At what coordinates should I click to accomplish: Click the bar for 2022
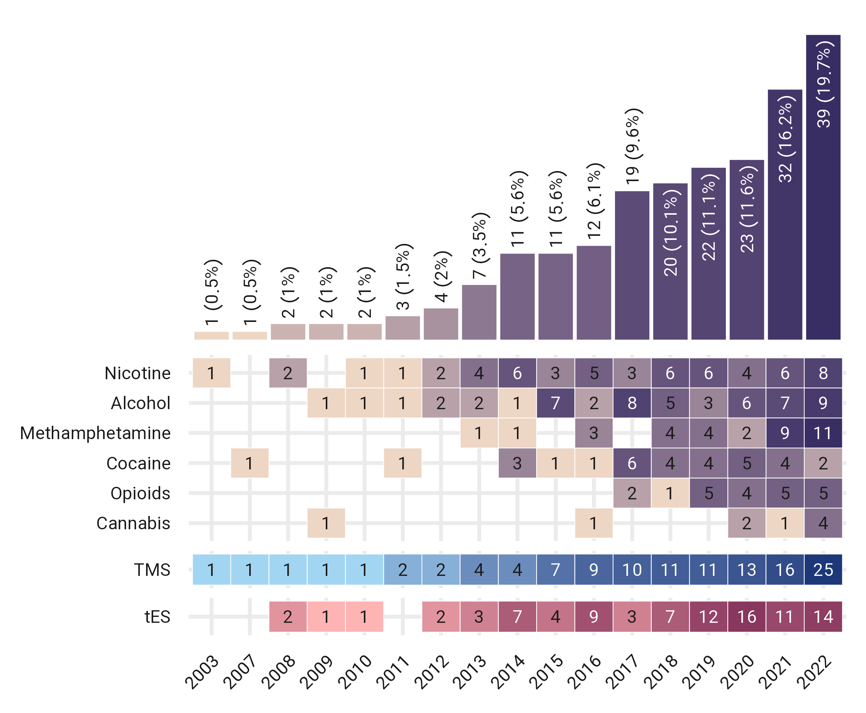(823, 187)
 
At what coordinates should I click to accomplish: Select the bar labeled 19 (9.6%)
(632, 265)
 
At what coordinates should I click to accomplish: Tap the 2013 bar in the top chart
(479, 312)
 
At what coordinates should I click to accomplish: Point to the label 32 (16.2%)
(785, 139)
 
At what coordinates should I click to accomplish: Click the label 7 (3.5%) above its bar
(479, 245)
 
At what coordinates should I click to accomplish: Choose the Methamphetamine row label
(95, 433)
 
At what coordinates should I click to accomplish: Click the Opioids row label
(140, 493)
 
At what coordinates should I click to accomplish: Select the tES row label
(158, 617)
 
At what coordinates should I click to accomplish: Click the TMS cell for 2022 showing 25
(823, 570)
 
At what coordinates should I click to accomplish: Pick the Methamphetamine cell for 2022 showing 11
(823, 433)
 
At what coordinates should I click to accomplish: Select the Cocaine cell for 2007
(249, 463)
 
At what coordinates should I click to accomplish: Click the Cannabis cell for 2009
(326, 523)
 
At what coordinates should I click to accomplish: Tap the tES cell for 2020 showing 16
(747, 617)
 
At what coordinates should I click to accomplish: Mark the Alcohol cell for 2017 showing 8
(632, 403)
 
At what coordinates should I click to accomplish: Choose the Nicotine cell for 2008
(288, 373)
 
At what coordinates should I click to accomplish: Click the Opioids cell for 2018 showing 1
(670, 493)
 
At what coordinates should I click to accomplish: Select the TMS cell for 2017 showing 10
(632, 570)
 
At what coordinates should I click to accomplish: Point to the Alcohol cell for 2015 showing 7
(555, 403)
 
